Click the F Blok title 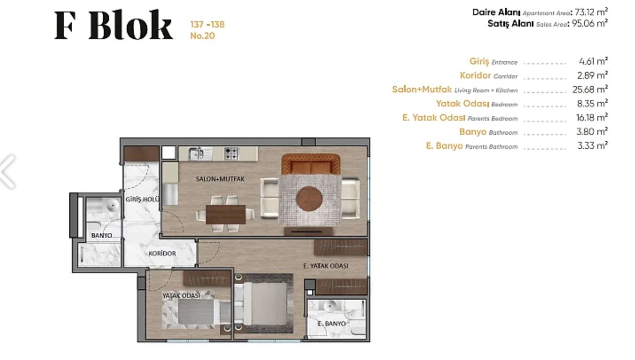[x=114, y=25]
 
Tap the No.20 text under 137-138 [x=202, y=36]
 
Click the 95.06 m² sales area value [x=590, y=23]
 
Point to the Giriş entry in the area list [x=479, y=61]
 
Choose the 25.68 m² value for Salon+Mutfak [x=590, y=90]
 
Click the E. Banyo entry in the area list [x=444, y=146]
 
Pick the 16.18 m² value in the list [x=592, y=117]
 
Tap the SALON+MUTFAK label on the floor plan [x=220, y=179]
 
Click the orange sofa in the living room [x=311, y=164]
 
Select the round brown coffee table [x=309, y=199]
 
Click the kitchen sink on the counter [x=196, y=154]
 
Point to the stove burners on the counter [x=231, y=154]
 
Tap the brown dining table [x=226, y=214]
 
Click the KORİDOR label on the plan [x=162, y=254]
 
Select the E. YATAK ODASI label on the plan [x=326, y=266]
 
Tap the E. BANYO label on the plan [x=331, y=324]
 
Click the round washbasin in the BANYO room [x=113, y=205]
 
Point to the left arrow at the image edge [x=8, y=172]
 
